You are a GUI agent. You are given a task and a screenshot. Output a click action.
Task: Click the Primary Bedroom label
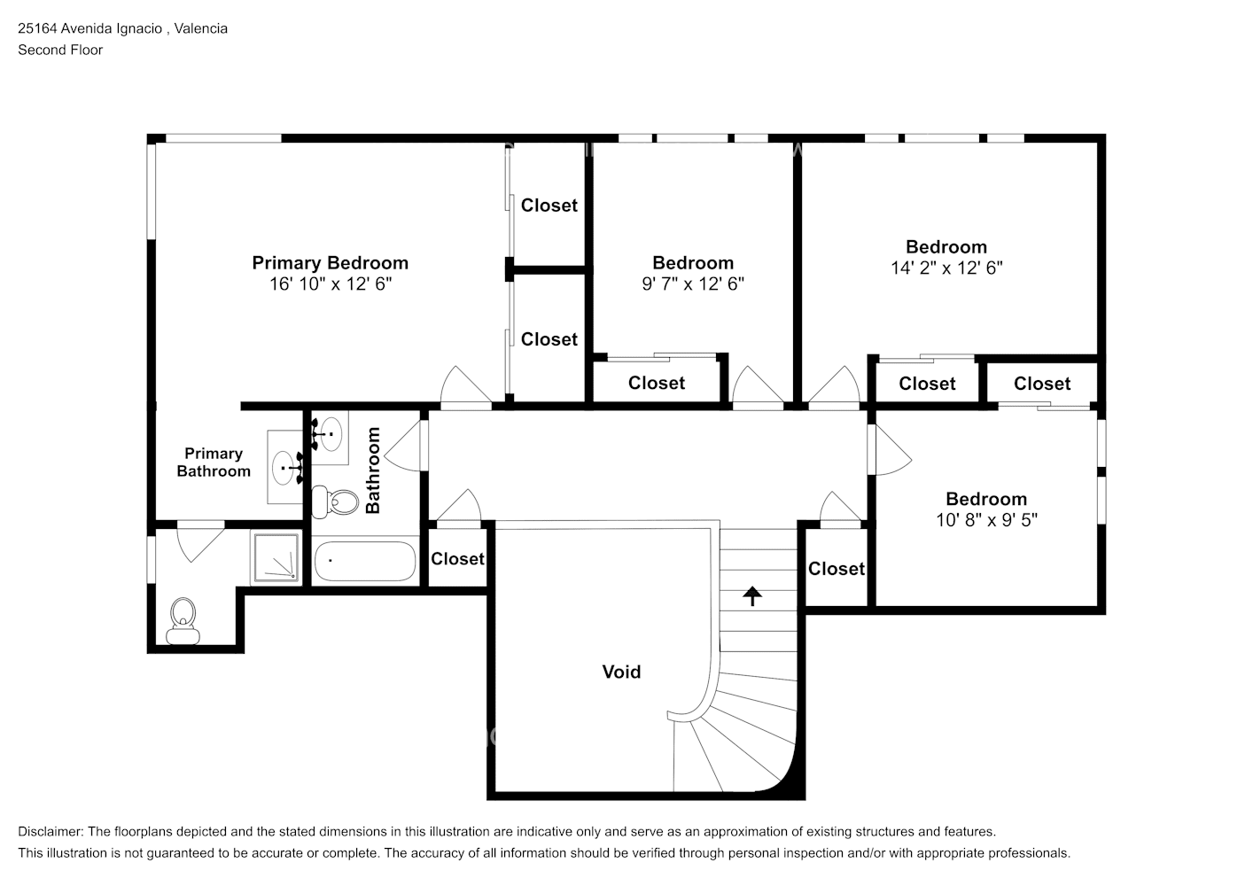[x=330, y=263]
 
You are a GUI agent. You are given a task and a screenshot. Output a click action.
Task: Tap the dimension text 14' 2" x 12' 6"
[x=946, y=268]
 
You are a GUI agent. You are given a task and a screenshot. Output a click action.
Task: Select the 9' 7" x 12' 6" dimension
[x=693, y=284]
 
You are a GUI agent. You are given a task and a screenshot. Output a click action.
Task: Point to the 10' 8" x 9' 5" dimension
[x=987, y=520]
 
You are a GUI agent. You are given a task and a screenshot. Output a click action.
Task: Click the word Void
[x=621, y=672]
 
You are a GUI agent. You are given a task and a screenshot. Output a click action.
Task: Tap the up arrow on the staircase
[x=752, y=595]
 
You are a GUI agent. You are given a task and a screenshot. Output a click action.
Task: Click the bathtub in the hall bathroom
[x=365, y=561]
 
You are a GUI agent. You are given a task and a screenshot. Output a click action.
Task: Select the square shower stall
[x=276, y=557]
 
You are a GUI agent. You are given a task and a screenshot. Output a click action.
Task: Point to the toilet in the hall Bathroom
[x=334, y=502]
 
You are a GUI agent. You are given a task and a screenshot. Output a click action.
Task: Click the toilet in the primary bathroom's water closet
[x=183, y=621]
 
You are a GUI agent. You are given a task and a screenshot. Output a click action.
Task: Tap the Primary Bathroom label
[x=214, y=462]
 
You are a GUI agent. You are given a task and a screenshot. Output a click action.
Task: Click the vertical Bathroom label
[x=372, y=470]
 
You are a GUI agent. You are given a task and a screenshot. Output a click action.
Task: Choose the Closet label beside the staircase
[x=837, y=569]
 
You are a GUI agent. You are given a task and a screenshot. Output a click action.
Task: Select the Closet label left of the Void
[x=457, y=559]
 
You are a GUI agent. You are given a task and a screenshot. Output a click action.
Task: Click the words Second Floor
[x=60, y=50]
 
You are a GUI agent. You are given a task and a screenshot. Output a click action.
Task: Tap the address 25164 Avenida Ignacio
[x=90, y=28]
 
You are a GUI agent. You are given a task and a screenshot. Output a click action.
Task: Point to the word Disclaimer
[x=51, y=832]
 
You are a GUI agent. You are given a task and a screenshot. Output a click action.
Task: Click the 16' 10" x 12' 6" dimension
[x=331, y=284]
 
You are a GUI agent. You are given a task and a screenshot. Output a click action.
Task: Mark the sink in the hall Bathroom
[x=331, y=433]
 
